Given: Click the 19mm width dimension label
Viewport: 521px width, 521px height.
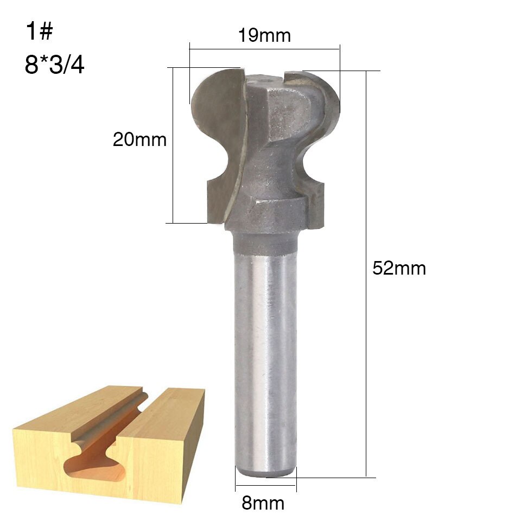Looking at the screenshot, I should point(264,36).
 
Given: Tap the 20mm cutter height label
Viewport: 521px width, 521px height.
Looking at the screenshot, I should point(139,140).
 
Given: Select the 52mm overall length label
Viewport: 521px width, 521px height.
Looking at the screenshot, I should point(399,268).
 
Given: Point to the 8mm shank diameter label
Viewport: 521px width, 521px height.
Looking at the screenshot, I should point(263,503).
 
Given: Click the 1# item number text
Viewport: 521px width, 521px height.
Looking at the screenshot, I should point(39,32).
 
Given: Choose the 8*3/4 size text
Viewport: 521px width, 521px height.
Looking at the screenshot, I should point(54,65).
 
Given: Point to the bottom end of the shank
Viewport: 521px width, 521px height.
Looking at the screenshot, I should point(266,473).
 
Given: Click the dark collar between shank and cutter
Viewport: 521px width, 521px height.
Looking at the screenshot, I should point(266,242).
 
